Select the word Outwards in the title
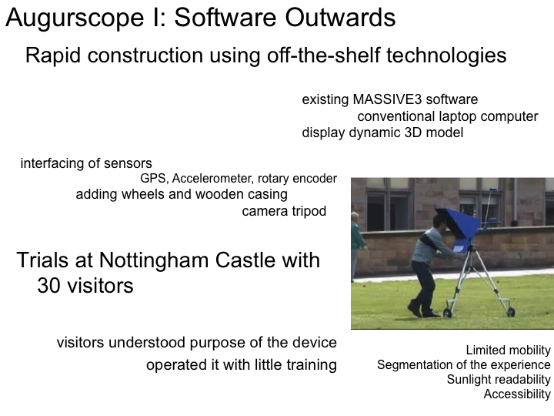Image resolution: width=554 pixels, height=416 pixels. tap(340, 17)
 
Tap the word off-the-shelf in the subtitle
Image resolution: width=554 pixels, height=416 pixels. tap(324, 55)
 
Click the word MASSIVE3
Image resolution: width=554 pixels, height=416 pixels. tap(387, 99)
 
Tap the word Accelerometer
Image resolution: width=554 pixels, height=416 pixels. tap(212, 179)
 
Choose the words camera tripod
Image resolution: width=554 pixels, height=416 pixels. tap(284, 211)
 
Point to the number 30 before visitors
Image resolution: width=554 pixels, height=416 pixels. tap(48, 286)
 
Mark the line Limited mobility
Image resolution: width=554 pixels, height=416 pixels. tap(508, 351)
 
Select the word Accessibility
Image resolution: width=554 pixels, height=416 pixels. tap(517, 394)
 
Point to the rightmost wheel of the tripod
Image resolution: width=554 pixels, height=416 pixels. tap(511, 312)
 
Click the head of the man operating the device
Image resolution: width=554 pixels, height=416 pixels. tap(440, 222)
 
